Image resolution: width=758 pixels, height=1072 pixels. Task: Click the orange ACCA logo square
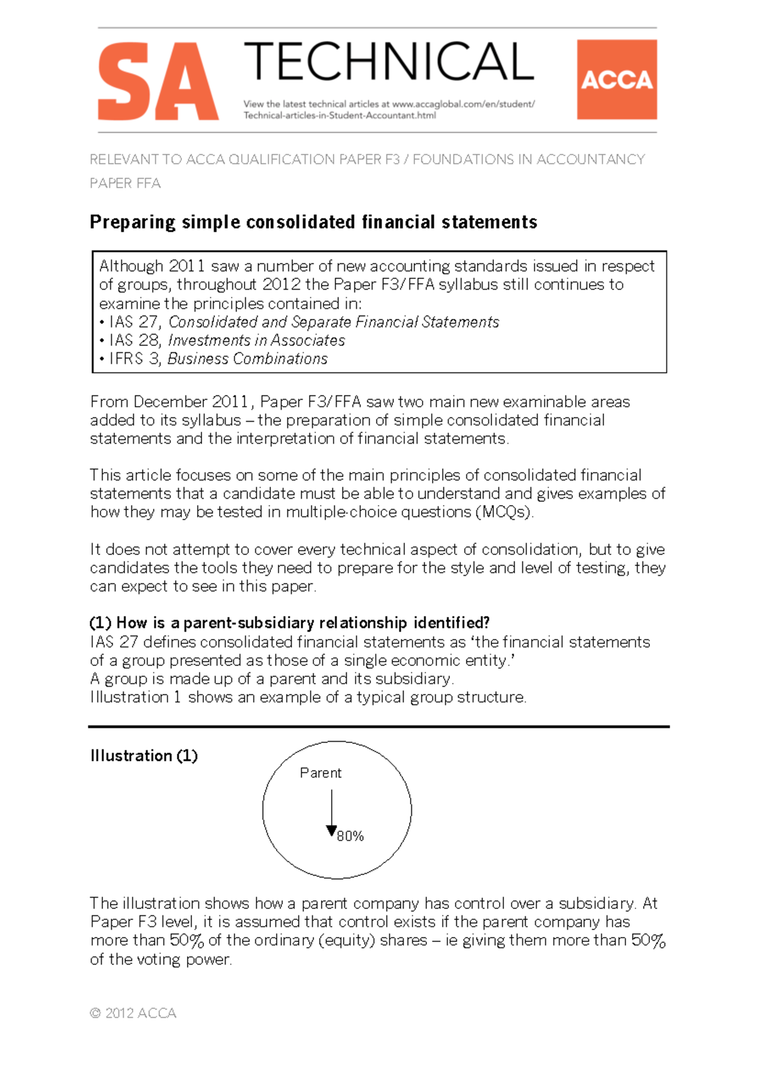(617, 80)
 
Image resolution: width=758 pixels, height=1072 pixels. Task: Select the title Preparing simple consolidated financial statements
(313, 222)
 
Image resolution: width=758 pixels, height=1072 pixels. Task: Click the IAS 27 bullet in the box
(299, 322)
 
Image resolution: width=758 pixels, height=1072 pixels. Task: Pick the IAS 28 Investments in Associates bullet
(222, 340)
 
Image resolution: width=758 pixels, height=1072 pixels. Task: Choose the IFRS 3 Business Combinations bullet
(214, 359)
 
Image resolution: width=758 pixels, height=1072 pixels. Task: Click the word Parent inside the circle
(320, 773)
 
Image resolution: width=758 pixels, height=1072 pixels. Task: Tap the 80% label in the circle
(351, 836)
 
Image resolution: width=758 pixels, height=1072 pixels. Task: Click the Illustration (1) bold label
(144, 756)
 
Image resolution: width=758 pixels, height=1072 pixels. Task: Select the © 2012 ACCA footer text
(133, 1013)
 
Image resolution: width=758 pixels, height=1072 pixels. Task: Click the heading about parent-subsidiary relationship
(290, 623)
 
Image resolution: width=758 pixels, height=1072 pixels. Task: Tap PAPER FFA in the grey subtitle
(125, 184)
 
